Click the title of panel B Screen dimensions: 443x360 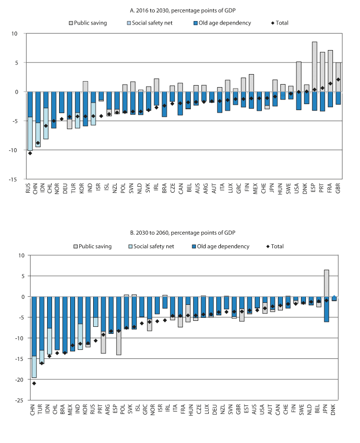coord(180,233)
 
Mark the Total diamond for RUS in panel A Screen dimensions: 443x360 coord(30,153)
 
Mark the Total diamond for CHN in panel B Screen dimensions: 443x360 coord(34,383)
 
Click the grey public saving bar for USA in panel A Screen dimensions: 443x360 coord(298,77)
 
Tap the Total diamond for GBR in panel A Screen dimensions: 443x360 coord(338,79)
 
